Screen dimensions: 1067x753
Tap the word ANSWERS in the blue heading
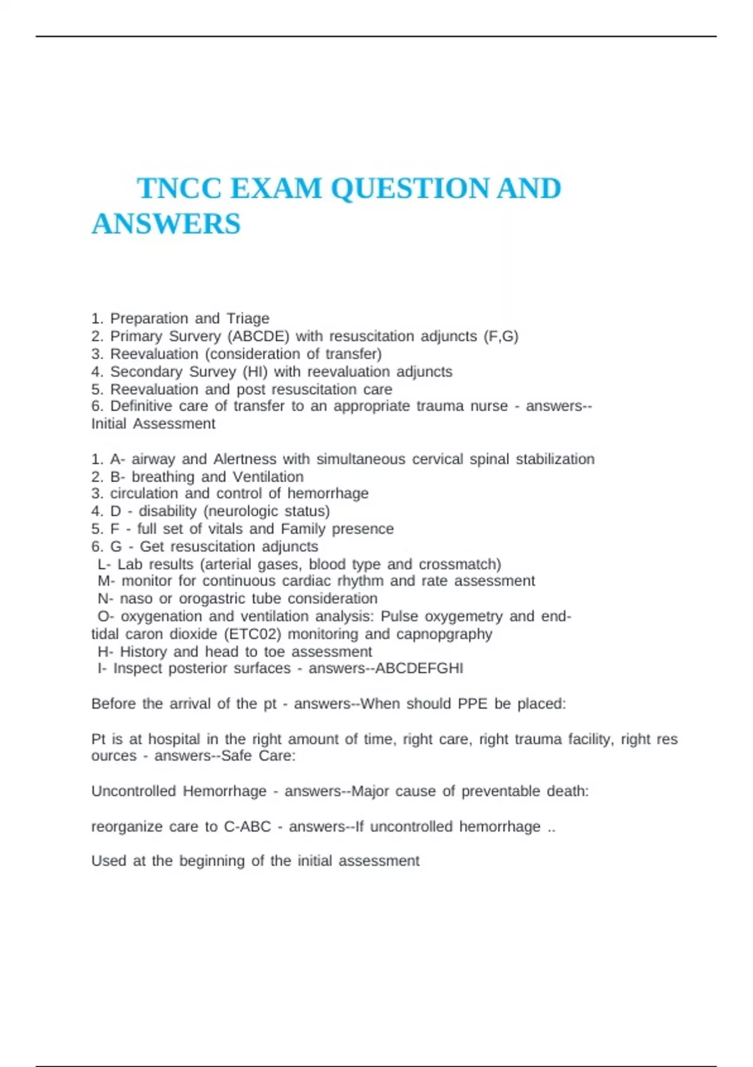click(x=166, y=224)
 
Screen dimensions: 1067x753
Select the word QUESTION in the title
click(x=409, y=188)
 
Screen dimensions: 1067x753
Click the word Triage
click(x=248, y=319)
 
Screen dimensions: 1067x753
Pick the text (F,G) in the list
click(x=501, y=336)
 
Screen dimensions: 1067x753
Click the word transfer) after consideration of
click(x=353, y=354)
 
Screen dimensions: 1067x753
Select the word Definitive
click(x=141, y=406)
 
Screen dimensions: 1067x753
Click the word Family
click(x=303, y=529)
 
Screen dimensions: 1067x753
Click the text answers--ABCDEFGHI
click(x=386, y=668)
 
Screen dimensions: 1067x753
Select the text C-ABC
click(x=247, y=827)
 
